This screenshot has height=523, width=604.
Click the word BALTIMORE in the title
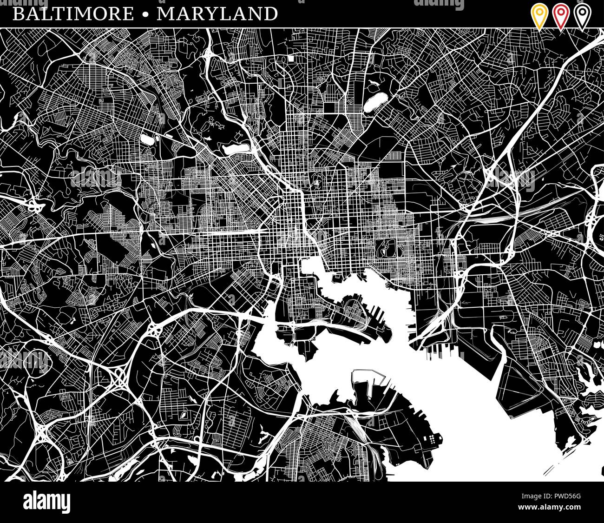point(72,14)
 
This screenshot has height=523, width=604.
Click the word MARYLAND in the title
point(217,14)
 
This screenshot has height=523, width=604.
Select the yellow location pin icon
point(539,16)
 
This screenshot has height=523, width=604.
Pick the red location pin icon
point(561,16)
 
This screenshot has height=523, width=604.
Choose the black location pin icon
point(582,16)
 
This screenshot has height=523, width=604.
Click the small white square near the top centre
point(291,59)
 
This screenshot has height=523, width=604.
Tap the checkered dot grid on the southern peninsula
point(433,438)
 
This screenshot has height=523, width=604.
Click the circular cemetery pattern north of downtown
point(316,180)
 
